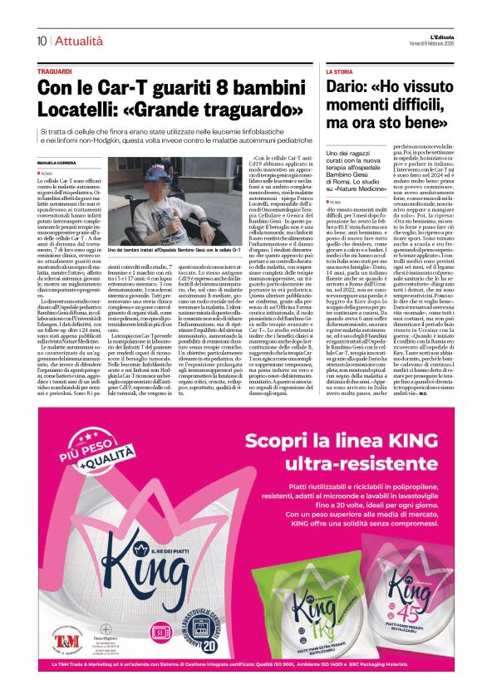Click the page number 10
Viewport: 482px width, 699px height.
click(41, 41)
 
